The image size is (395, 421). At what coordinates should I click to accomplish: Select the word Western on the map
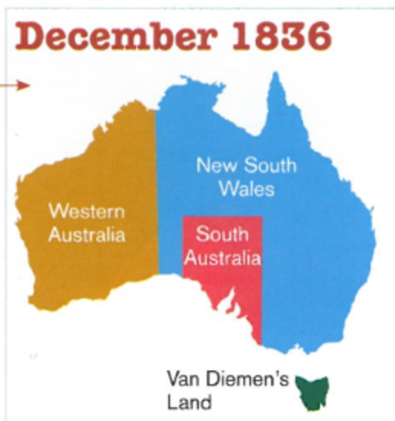[87, 211]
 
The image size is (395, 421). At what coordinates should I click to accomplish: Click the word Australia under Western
[87, 235]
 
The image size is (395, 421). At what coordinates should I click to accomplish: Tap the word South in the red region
[221, 235]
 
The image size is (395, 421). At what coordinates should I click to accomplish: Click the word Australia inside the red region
[222, 259]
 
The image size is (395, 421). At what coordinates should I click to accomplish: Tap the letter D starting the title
[33, 37]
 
